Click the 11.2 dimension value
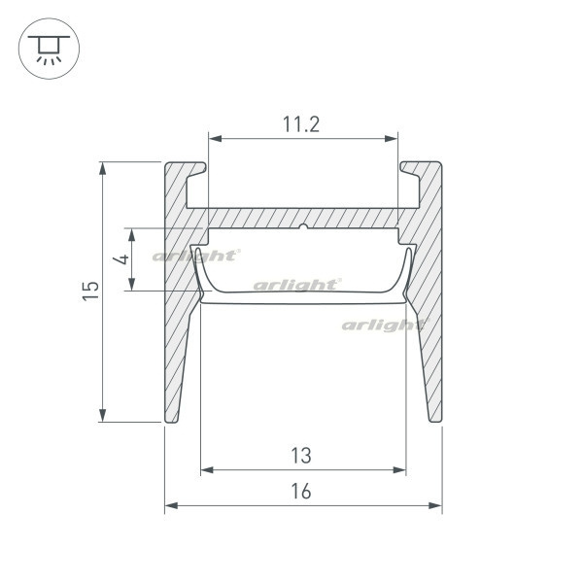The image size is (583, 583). [x=301, y=124]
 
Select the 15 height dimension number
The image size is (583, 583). [x=91, y=291]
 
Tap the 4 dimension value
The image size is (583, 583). [x=122, y=258]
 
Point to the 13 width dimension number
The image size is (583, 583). [x=301, y=456]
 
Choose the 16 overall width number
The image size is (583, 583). [x=301, y=491]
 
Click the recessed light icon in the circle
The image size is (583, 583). [x=49, y=50]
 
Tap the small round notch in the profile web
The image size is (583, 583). [x=304, y=226]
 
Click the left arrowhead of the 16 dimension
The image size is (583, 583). [x=171, y=505]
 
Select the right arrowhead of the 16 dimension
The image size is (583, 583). [x=435, y=505]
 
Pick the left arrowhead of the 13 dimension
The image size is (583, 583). [x=207, y=470]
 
